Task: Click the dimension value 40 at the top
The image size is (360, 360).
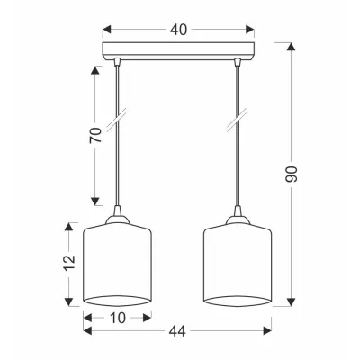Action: coord(178,30)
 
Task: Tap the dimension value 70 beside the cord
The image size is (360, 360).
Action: coord(95,135)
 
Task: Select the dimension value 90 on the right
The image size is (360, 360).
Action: coord(291,174)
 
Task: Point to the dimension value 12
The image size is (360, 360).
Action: coord(69,263)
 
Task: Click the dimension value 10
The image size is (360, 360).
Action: coord(117,318)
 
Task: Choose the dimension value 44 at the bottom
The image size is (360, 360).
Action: coord(177,331)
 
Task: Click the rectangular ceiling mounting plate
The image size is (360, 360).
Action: coord(178,51)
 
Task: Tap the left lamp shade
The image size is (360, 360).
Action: coord(117,265)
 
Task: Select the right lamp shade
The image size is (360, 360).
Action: coord(238,265)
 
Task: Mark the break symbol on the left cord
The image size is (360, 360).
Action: coord(117,120)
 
